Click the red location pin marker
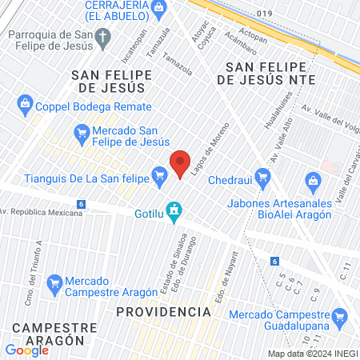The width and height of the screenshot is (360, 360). pos(181,162)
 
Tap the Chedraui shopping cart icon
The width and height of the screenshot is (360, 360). pos(262,175)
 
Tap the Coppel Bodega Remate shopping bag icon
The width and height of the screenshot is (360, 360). pos(25,102)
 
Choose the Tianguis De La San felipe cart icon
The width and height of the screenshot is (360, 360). pos(159,174)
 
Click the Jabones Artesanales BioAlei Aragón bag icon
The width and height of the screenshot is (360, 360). pos(311,181)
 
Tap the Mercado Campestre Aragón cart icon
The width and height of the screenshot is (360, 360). pos(54,282)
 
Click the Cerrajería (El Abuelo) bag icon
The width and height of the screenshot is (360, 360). pos(159,7)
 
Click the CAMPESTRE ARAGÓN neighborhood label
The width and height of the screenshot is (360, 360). pos(48,333)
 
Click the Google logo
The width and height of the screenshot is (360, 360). pos(26,350)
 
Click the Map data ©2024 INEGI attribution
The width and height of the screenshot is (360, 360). pos(312,354)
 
